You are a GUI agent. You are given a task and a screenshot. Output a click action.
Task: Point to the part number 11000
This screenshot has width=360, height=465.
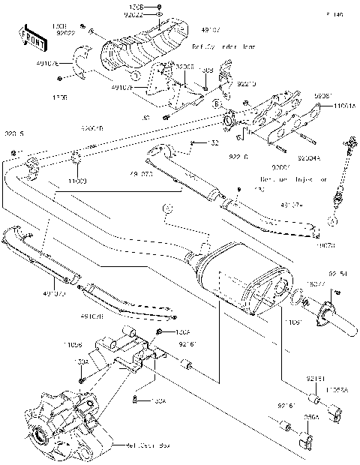[x=79, y=181]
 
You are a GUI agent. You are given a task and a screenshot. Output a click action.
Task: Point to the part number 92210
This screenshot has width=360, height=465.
[x=228, y=85]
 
